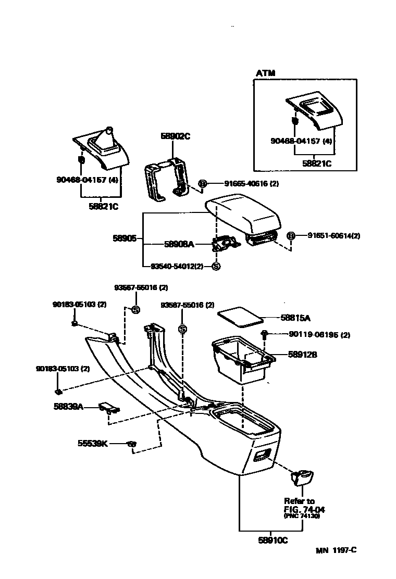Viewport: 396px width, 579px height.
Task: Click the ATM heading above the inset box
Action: [x=265, y=73]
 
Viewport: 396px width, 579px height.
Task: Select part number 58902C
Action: [x=175, y=136]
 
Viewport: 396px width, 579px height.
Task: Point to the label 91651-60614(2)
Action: [x=333, y=236]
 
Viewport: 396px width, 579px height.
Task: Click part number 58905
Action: [x=125, y=238]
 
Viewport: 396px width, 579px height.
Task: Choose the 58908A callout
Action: [x=179, y=244]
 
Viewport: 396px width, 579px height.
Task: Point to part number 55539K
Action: [x=93, y=444]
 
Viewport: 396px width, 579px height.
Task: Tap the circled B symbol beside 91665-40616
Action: [x=203, y=183]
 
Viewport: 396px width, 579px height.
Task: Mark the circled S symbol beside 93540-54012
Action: [x=216, y=266]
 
